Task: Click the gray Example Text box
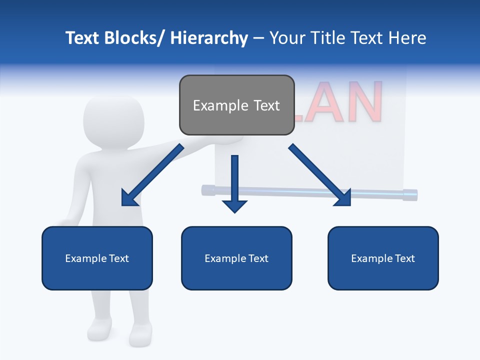pos(236,105)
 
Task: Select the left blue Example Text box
pos(97,258)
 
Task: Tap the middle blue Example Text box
pos(236,258)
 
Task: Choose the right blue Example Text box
pos(383,258)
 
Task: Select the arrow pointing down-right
pos(320,175)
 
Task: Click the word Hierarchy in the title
pos(209,38)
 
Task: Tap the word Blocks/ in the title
pos(135,38)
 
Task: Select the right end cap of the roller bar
pos(410,194)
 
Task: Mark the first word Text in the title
pos(83,38)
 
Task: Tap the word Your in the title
pos(286,38)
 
